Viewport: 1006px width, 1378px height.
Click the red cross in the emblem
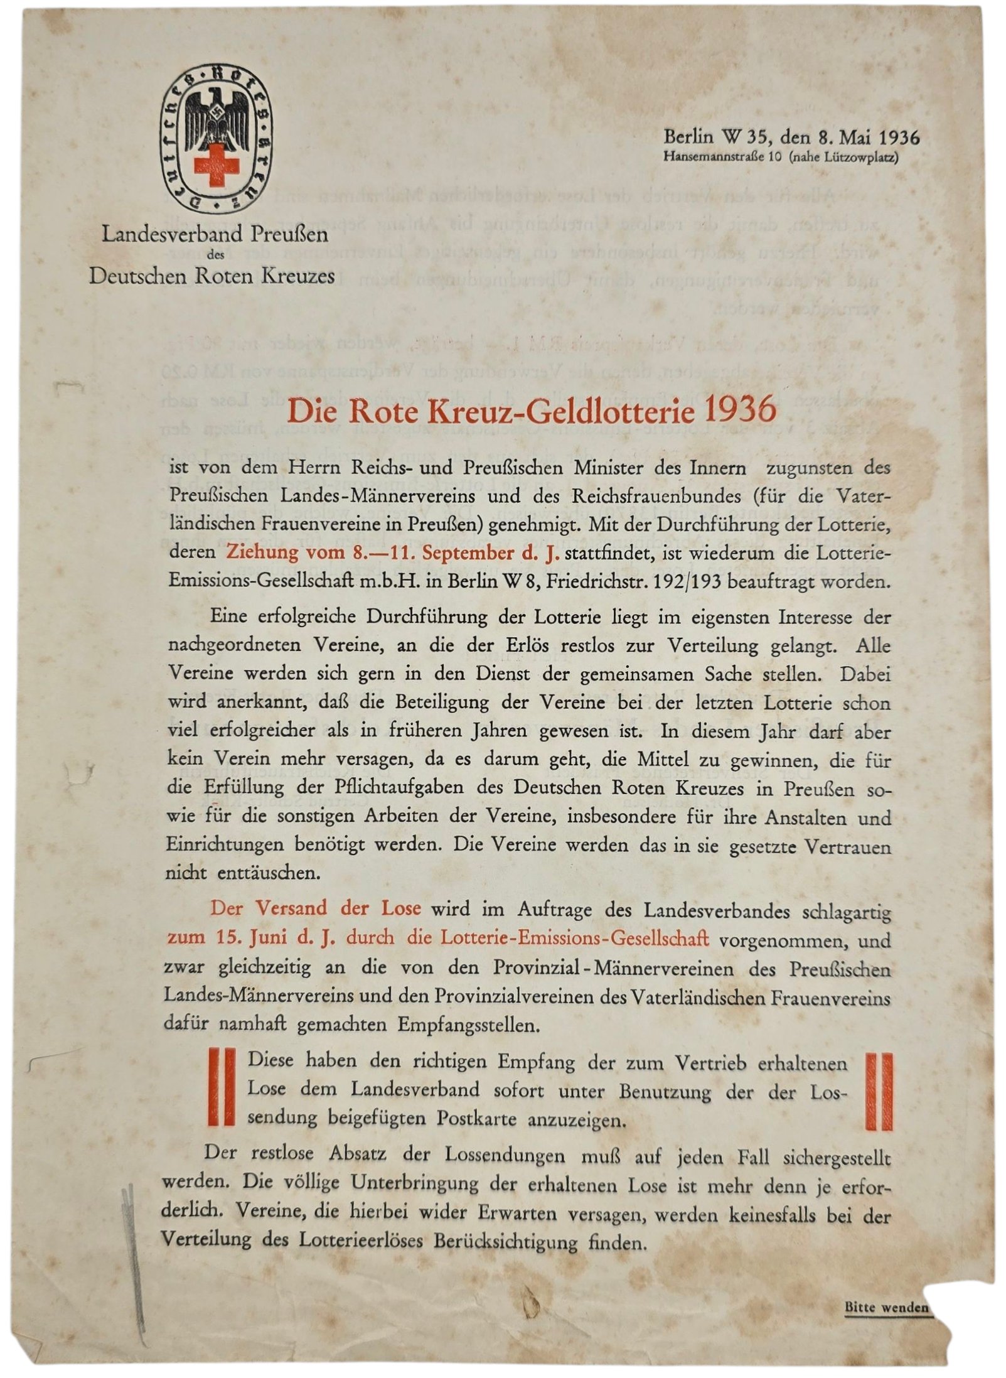(x=217, y=165)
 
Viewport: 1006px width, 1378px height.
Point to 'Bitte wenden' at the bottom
(x=886, y=1307)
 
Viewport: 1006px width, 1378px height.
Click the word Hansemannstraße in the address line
(x=714, y=157)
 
